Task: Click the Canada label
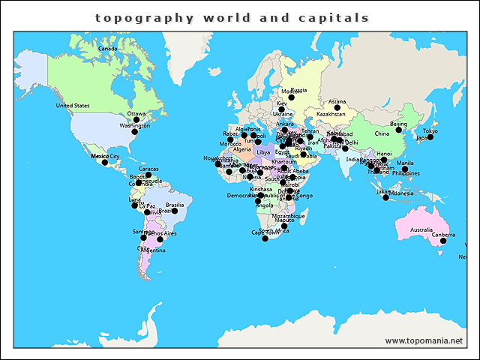108,49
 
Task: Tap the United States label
73,106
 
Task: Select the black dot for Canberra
443,240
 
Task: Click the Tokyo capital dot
430,137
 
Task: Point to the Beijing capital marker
399,130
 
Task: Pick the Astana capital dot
337,108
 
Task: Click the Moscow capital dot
291,97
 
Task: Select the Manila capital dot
405,169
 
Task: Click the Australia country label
421,229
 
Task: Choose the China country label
382,133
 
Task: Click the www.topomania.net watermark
424,340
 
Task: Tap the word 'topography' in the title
144,17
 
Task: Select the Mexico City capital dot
105,162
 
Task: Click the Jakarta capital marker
385,197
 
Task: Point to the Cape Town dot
265,238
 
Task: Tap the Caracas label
148,169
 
